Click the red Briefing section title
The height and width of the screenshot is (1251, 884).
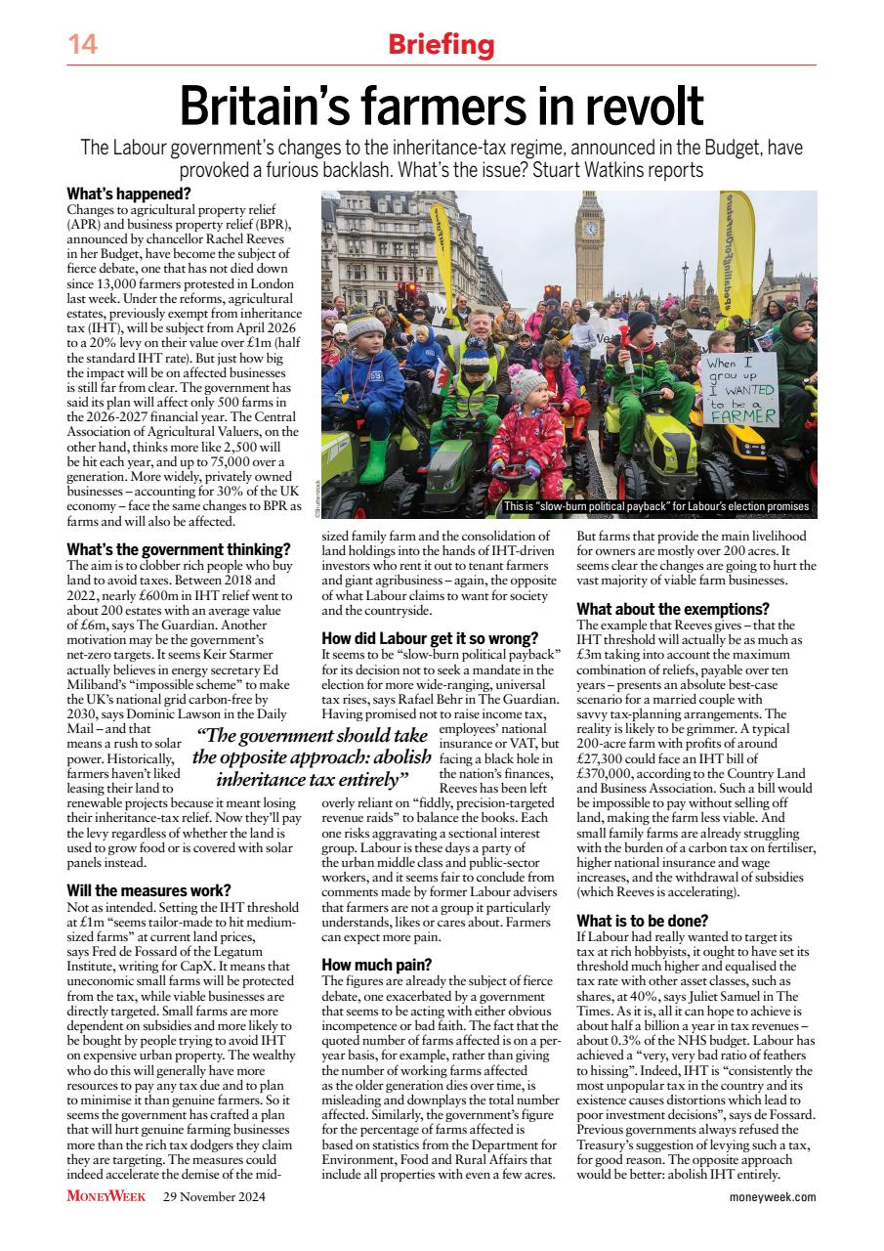click(x=442, y=45)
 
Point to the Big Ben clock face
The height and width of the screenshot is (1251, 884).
click(x=590, y=228)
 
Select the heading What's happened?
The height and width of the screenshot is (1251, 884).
click(x=128, y=194)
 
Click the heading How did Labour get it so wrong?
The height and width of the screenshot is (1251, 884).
click(x=430, y=638)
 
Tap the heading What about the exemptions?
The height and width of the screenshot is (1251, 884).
click(x=673, y=609)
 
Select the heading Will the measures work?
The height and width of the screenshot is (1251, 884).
click(x=148, y=889)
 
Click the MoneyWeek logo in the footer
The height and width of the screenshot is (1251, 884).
click(x=107, y=1196)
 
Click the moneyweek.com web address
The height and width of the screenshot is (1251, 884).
click(x=773, y=1196)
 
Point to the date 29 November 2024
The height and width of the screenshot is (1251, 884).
click(x=214, y=1196)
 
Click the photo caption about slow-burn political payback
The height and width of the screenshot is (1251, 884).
click(x=655, y=506)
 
